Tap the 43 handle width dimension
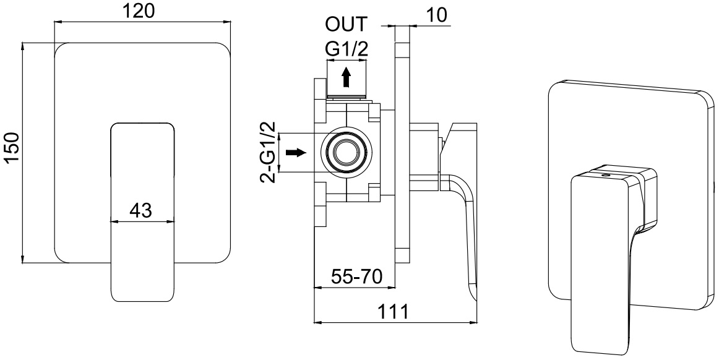(x=141, y=210)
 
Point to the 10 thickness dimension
(x=436, y=15)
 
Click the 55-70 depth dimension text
(x=357, y=277)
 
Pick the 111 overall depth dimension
(x=392, y=312)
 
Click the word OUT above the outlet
(x=347, y=24)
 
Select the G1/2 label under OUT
(x=347, y=49)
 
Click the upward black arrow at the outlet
(x=347, y=77)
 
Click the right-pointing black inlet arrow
(x=296, y=152)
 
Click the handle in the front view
(x=143, y=212)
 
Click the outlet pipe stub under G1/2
(x=347, y=80)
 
